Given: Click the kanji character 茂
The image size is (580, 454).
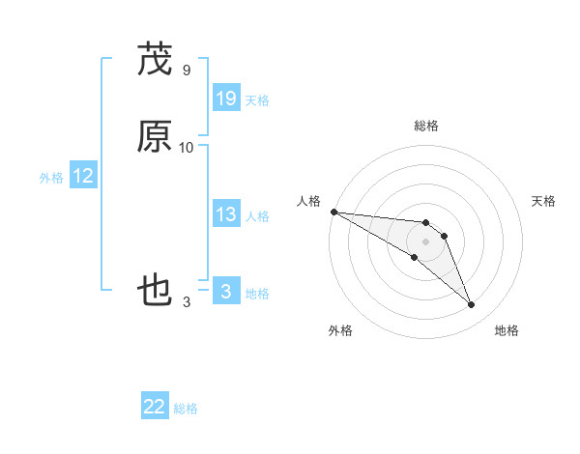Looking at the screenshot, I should point(155,60).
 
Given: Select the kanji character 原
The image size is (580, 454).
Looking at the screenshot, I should point(155,137).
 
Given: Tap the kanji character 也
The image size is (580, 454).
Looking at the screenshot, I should point(155,291).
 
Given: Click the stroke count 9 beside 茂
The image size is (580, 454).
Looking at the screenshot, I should point(186,71).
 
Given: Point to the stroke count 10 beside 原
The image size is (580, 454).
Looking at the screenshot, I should point(186,148).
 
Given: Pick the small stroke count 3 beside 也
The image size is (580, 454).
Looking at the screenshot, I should point(186,302).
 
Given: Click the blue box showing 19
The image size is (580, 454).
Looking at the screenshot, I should point(226,98).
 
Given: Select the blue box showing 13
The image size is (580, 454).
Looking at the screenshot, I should point(226,214).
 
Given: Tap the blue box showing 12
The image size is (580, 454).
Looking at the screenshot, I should point(83,176).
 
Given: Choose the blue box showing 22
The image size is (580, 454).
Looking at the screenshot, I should point(155,407).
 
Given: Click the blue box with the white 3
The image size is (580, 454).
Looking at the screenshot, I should point(226,291).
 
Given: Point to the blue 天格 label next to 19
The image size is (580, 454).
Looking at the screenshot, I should point(257,100).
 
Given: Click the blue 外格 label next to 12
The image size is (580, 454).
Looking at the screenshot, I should point(51,178).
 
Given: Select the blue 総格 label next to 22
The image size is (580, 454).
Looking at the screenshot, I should point(186,410).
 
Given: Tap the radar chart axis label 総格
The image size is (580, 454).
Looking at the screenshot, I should point(426,126).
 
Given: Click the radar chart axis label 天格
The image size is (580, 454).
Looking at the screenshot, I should point(544,201).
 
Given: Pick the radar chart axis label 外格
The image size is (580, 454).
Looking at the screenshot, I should point(340,331).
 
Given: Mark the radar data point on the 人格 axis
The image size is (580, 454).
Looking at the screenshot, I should point(333,212).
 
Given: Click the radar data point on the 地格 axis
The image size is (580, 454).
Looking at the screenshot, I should point(472,305).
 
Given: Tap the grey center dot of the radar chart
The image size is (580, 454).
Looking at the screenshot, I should point(426,241).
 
